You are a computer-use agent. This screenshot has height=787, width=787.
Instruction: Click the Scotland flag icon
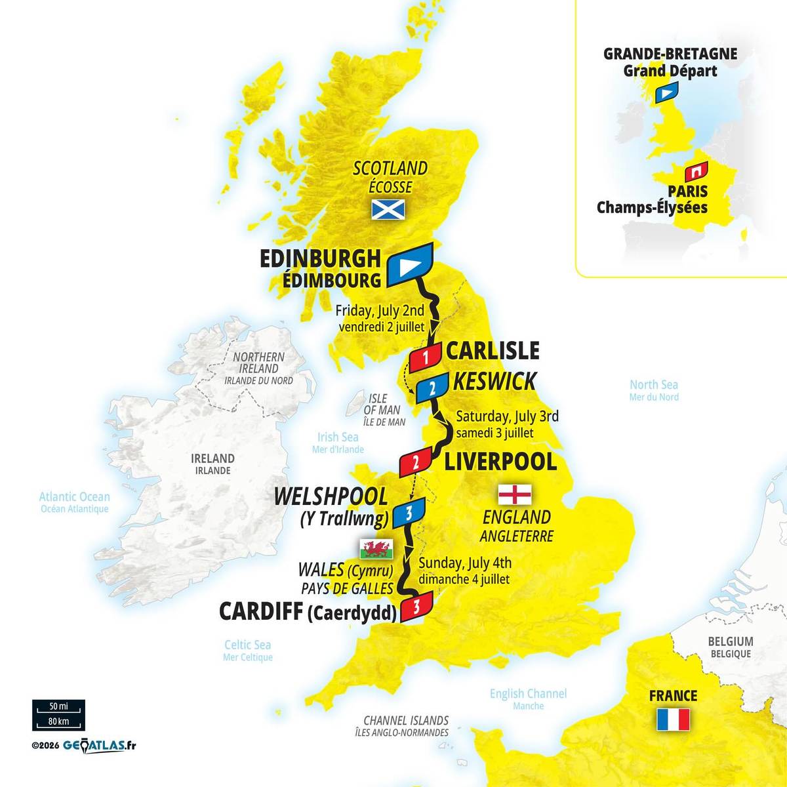388,209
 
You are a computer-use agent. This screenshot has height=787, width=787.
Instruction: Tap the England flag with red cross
515,493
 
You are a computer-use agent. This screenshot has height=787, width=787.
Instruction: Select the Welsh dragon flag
376,547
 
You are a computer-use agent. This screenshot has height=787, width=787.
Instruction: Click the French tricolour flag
673,719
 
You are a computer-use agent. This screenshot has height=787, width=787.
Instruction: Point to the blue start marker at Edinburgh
411,265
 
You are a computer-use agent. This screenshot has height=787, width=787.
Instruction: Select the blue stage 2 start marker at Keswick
431,388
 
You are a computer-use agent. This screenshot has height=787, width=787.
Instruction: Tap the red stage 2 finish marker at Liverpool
416,462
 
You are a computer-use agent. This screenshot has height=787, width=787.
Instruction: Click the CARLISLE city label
493,351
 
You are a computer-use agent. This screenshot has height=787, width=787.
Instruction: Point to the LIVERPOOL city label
500,461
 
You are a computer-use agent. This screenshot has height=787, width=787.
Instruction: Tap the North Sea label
654,385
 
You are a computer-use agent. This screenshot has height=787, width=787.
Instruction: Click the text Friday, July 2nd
379,310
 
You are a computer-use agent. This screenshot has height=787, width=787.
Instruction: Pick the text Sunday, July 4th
465,563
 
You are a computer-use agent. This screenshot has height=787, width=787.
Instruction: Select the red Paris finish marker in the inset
695,172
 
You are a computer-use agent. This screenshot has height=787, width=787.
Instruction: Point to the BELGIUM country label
730,641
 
